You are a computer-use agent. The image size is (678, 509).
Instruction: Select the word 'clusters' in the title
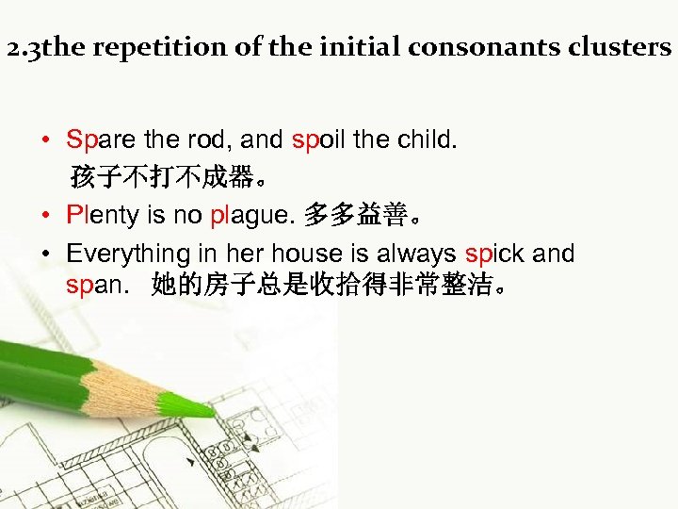[622, 48]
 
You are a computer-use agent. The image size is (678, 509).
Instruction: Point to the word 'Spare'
[101, 140]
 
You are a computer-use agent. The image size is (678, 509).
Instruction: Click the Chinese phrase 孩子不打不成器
[166, 177]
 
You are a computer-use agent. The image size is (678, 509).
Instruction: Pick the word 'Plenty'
[103, 215]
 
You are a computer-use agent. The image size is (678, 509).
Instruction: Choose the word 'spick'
[494, 254]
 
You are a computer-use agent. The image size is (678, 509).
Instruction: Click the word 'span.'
[96, 285]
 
